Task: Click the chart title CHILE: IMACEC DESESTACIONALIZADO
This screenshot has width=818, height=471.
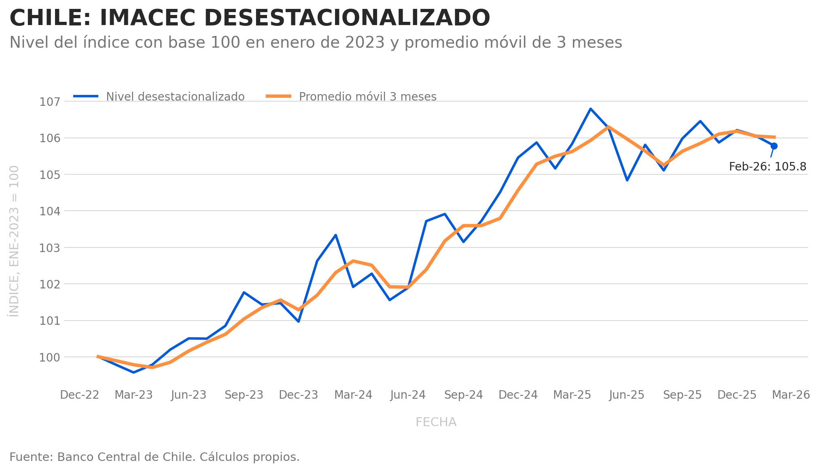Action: (250, 19)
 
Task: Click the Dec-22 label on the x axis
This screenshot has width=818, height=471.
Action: (80, 395)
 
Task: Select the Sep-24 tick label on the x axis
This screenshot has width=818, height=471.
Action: (464, 395)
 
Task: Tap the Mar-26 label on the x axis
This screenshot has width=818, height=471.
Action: (791, 395)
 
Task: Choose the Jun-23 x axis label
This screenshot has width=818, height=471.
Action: (189, 395)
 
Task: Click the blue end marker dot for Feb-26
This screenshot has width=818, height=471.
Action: (774, 146)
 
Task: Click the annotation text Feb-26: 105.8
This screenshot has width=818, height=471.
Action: (767, 167)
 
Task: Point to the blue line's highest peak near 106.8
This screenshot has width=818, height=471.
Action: (591, 109)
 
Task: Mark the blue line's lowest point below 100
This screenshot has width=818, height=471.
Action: (134, 372)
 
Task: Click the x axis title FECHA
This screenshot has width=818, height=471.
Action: (436, 422)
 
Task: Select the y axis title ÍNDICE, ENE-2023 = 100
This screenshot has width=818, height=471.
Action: (14, 241)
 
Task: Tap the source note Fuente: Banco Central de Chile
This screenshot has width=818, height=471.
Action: (154, 457)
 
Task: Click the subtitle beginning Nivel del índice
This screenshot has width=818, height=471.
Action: (316, 42)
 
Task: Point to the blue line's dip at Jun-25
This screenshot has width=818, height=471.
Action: (627, 180)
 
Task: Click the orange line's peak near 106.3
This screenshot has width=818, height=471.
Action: (608, 127)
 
